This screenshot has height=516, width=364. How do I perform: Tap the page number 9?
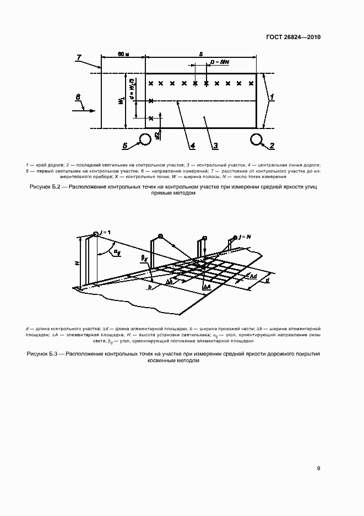pyautogui.click(x=319, y=469)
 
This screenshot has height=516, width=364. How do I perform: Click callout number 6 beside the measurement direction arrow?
pyautogui.click(x=78, y=98)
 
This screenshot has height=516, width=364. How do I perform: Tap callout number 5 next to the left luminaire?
pyautogui.click(x=125, y=146)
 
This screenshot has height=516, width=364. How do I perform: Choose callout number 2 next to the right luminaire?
pyautogui.click(x=271, y=146)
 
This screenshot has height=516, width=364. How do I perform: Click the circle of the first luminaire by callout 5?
pyautogui.click(x=145, y=138)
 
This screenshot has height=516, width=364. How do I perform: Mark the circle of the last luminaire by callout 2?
pyautogui.click(x=256, y=138)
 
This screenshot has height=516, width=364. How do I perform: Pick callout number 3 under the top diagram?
pyautogui.click(x=215, y=146)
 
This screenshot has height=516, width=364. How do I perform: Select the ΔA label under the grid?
pyautogui.click(x=207, y=287)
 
